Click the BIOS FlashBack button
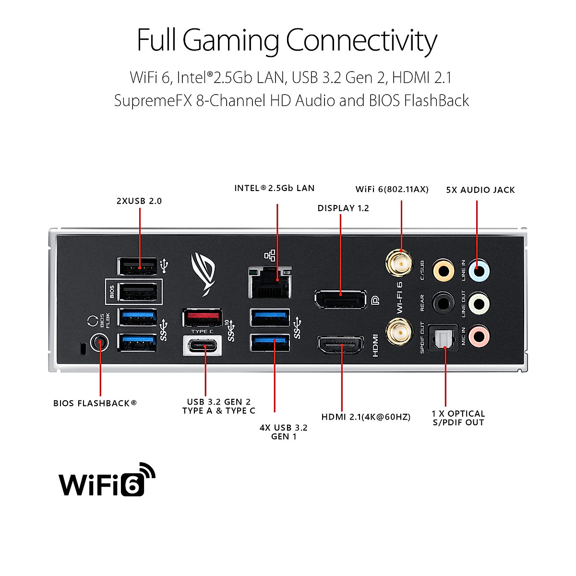[99, 343]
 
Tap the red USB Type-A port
[202, 318]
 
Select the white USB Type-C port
[202, 346]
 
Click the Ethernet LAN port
[269, 282]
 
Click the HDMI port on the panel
[340, 346]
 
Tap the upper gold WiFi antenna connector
[399, 263]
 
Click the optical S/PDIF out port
[443, 339]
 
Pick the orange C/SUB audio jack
[443, 271]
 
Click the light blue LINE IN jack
[478, 271]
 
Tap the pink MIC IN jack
[478, 336]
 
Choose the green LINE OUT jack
[478, 304]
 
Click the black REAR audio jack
[443, 303]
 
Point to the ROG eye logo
[204, 274]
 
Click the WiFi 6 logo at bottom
[107, 480]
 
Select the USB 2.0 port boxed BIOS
[138, 291]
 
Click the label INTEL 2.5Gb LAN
[274, 188]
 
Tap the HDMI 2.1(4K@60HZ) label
[366, 417]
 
